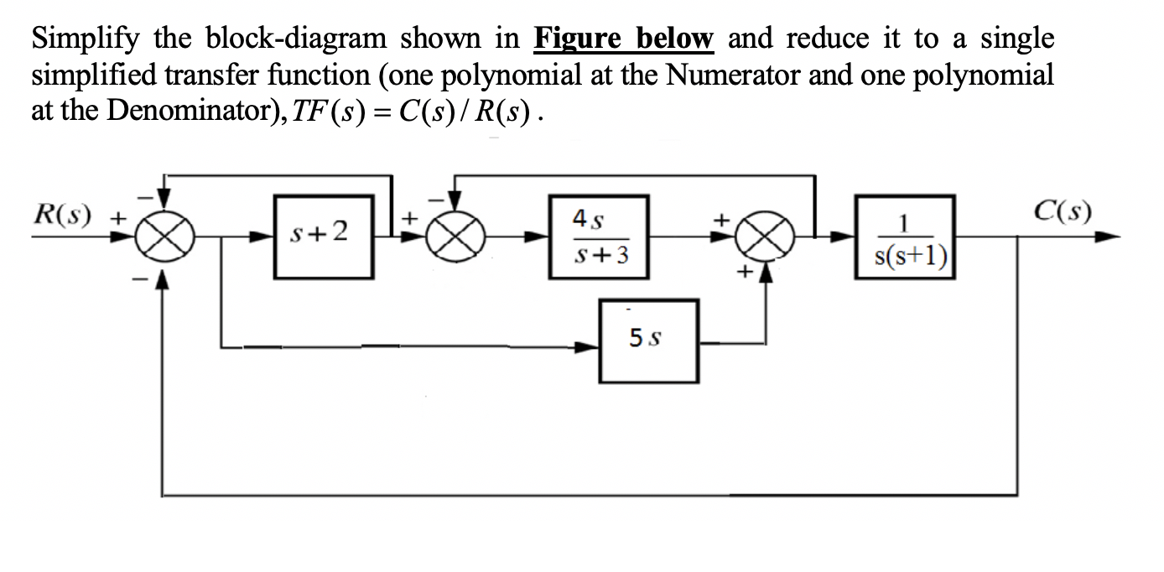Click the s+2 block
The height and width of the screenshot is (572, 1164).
click(324, 236)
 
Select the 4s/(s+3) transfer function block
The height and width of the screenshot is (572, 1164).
click(599, 236)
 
